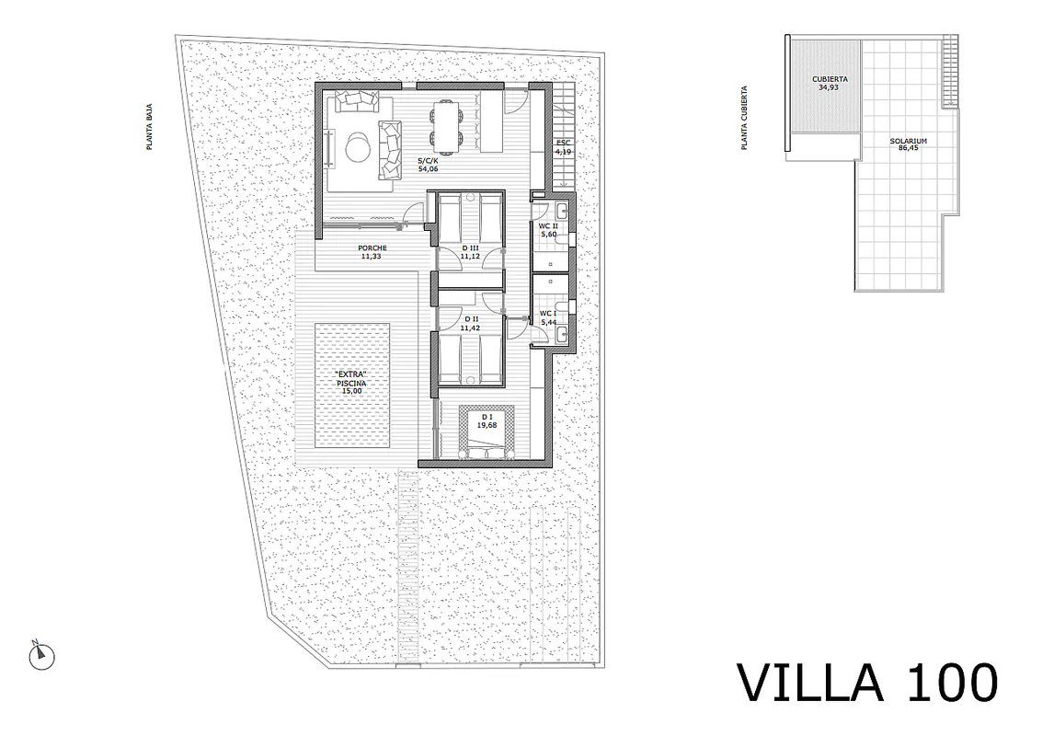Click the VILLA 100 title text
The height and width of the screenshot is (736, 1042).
pyautogui.click(x=868, y=683)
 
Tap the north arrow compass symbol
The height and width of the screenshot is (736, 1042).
pyautogui.click(x=42, y=656)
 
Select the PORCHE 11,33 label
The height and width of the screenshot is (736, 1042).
pyautogui.click(x=372, y=252)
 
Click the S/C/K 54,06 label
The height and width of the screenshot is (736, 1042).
pyautogui.click(x=428, y=165)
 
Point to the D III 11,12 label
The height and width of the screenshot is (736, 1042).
pyautogui.click(x=470, y=252)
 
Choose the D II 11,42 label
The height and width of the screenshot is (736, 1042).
pyautogui.click(x=470, y=323)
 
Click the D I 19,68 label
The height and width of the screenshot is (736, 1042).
pyautogui.click(x=487, y=420)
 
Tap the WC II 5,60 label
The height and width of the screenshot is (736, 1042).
pyautogui.click(x=548, y=230)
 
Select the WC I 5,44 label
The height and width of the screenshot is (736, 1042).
pyautogui.click(x=548, y=317)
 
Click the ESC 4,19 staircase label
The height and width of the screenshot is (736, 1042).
pyautogui.click(x=563, y=147)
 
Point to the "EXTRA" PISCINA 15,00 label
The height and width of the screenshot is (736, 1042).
pyautogui.click(x=351, y=383)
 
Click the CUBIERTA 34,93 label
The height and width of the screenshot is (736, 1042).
pyautogui.click(x=830, y=83)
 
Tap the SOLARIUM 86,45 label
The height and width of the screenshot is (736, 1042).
pyautogui.click(x=908, y=144)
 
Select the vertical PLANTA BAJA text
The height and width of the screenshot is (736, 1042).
pyautogui.click(x=150, y=126)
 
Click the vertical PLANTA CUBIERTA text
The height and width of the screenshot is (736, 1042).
pyautogui.click(x=744, y=118)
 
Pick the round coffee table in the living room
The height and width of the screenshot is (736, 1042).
pyautogui.click(x=358, y=145)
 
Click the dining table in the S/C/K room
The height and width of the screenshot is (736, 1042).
pyautogui.click(x=445, y=123)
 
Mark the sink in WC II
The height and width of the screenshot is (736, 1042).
pyautogui.click(x=562, y=213)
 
